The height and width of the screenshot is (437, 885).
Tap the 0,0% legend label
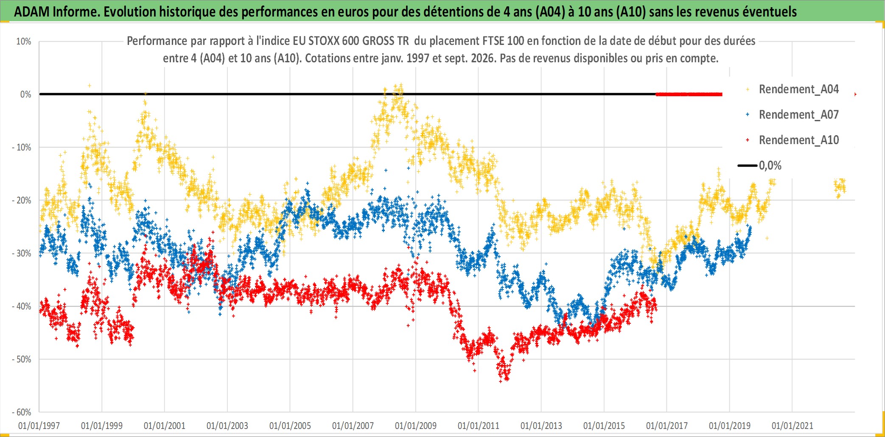770,165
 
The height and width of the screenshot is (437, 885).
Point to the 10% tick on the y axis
24,42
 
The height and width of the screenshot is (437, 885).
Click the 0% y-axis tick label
26,95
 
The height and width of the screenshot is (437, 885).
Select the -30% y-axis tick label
22,253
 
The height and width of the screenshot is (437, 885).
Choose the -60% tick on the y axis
22,412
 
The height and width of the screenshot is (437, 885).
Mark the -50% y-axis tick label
22,359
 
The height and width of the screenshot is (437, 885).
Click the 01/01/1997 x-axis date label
39,426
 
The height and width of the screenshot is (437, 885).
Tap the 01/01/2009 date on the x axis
416,426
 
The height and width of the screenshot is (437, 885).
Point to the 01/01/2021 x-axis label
793,426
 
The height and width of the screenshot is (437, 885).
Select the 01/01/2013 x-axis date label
541,426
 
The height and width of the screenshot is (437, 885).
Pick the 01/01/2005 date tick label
290,426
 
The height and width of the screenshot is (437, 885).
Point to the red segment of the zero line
689,94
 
